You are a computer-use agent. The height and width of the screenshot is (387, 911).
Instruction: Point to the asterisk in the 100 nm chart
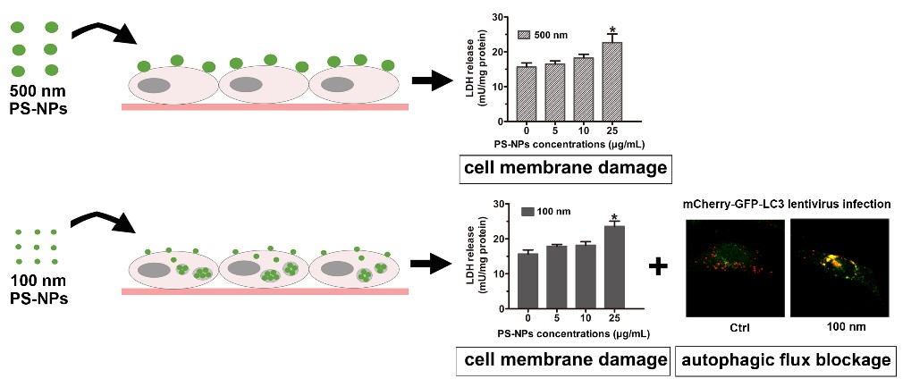click(614, 217)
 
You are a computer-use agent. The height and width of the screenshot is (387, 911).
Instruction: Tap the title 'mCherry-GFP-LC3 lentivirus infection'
click(785, 205)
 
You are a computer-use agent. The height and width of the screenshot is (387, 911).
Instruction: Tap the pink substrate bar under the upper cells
click(265, 106)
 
